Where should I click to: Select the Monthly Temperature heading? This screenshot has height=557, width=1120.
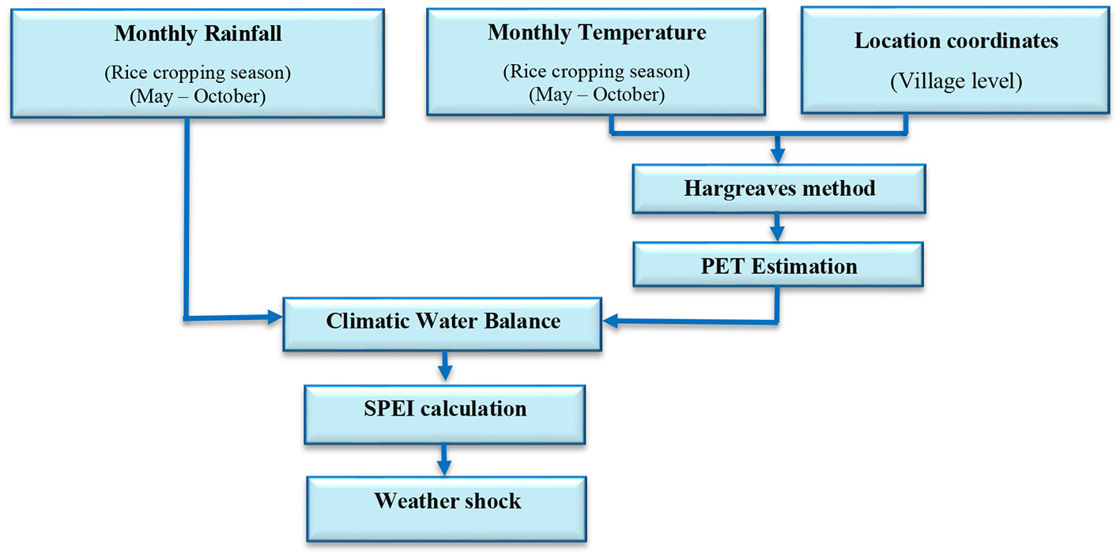pos(597,32)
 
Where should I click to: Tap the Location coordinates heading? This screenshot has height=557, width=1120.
pos(956,41)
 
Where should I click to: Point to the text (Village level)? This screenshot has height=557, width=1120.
pos(956,82)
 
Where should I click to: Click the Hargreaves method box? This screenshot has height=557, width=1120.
pos(779,189)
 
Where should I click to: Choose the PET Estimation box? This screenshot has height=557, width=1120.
pos(779,266)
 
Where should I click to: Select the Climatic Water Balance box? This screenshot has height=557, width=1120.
pos(443,322)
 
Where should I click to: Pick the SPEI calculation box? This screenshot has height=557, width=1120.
pos(444,408)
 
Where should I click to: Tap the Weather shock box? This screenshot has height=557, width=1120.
pos(447,501)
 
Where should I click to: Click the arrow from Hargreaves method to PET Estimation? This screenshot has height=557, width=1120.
pos(778,230)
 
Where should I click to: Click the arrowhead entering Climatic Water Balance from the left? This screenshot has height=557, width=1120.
pos(275,318)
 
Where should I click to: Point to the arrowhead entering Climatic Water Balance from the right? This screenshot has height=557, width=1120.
pos(611,322)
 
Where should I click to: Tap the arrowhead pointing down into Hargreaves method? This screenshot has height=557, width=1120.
pos(778,155)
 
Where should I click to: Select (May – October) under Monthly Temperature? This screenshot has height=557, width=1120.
pos(597,95)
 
